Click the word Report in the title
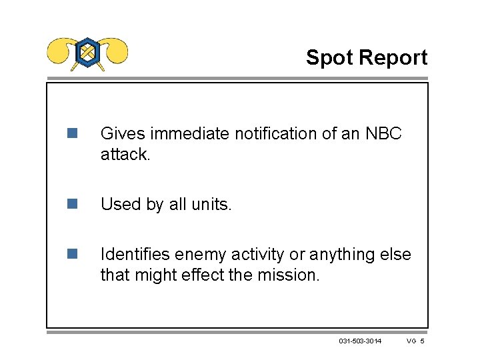coord(393,58)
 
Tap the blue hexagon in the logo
coord(87,52)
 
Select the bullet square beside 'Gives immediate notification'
coord(72,133)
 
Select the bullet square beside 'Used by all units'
coord(72,204)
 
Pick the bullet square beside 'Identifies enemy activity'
coord(72,254)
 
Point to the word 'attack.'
coord(124,154)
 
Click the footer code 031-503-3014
coord(360,341)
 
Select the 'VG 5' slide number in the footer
coord(415,341)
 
